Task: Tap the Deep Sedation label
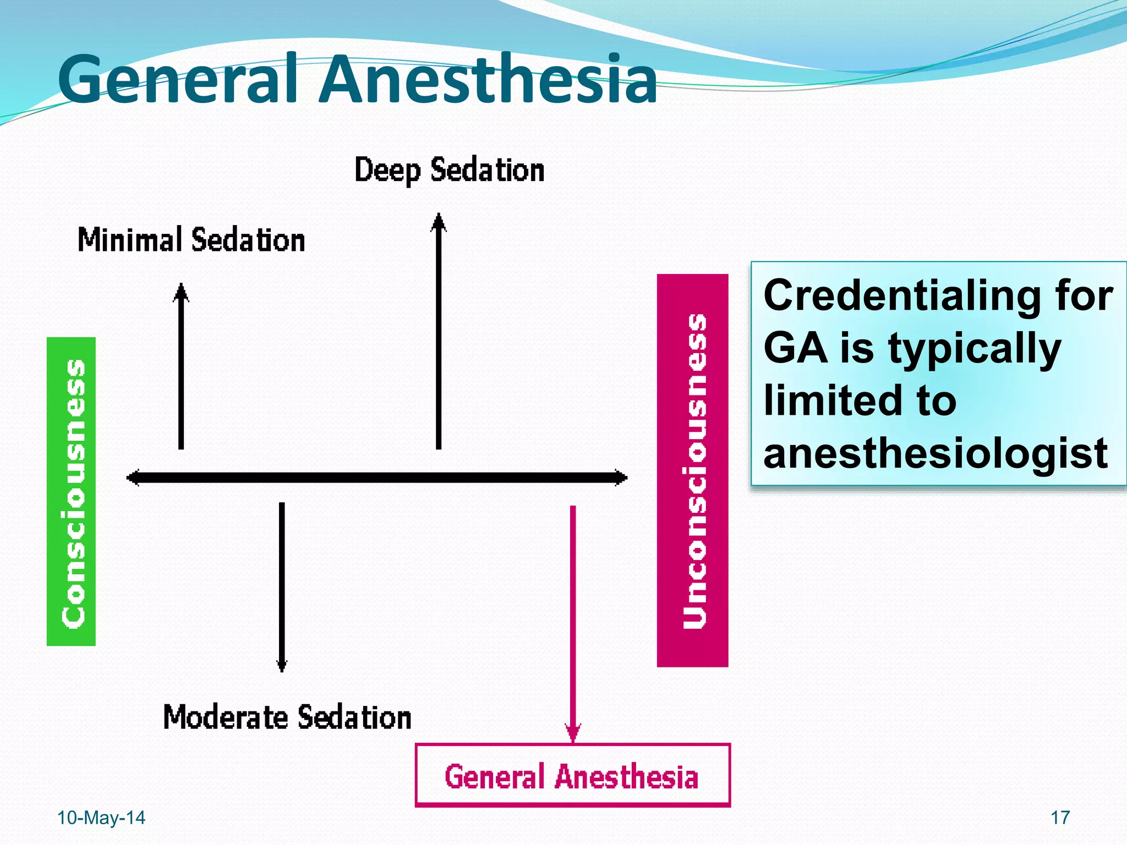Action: (449, 170)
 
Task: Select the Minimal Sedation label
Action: (191, 240)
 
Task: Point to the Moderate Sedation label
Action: (287, 717)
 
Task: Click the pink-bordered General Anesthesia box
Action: (572, 776)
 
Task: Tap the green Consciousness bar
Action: (72, 491)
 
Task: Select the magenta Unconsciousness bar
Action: (692, 470)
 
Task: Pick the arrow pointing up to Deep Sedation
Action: (439, 330)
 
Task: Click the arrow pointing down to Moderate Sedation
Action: (282, 586)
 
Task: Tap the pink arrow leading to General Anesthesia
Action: (573, 622)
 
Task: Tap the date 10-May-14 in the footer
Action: (101, 818)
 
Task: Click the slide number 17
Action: (1060, 818)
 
